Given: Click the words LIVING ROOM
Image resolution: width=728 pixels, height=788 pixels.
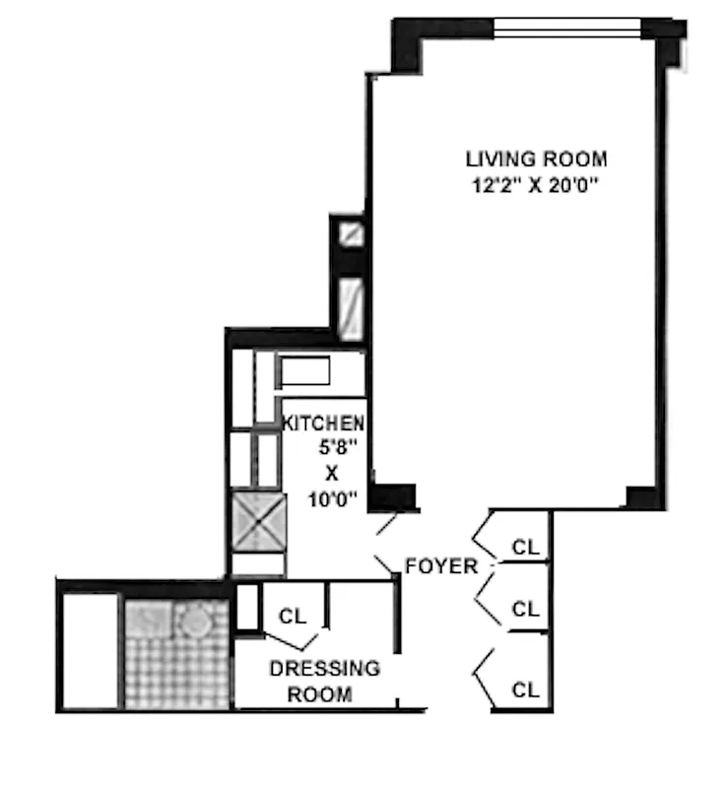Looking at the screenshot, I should (536, 159).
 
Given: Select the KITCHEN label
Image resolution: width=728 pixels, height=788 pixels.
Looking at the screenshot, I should (324, 424).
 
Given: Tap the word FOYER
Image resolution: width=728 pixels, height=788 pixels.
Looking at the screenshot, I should (441, 566).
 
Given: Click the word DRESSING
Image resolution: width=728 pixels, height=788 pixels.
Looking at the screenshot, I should (324, 669).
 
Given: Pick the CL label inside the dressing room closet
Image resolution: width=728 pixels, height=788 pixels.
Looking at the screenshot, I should (293, 617).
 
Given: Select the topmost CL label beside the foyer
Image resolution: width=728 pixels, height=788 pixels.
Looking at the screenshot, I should (525, 548).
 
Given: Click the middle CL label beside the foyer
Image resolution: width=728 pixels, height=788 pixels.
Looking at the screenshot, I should (525, 609).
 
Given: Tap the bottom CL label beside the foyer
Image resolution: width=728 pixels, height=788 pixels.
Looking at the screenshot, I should (525, 689).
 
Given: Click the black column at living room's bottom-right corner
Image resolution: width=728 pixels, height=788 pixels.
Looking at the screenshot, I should (640, 494).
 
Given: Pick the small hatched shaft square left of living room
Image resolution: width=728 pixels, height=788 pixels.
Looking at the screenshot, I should (350, 233).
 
